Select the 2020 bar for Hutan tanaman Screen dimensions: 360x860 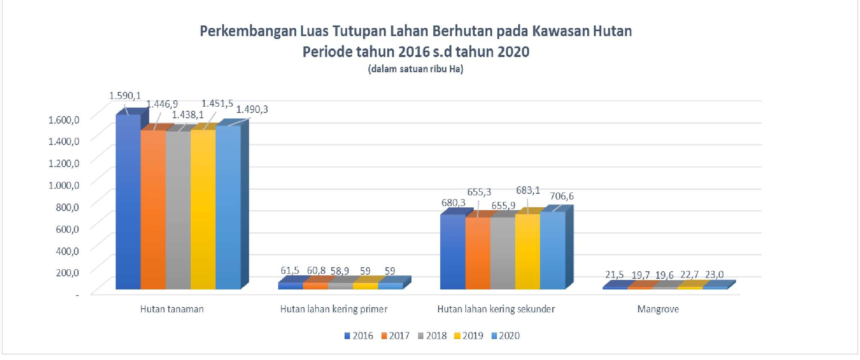coord(228,207)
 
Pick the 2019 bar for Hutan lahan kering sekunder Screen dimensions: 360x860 coord(527,252)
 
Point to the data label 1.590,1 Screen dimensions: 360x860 coord(125,96)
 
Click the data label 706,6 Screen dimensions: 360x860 coord(562,196)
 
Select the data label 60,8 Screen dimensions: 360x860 coord(316,271)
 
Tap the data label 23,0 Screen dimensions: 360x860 coord(714,275)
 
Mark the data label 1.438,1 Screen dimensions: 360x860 coord(188,115)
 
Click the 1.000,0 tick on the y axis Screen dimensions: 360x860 coord(64,185)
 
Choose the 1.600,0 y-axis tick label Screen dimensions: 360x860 coord(64,119)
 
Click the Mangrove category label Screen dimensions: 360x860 coord(658,309)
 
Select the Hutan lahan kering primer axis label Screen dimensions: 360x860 coord(333,309)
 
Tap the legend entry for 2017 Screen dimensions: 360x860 coord(395,336)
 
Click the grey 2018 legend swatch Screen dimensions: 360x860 coord(421,336)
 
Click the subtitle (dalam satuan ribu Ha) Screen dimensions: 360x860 coord(416,69)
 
